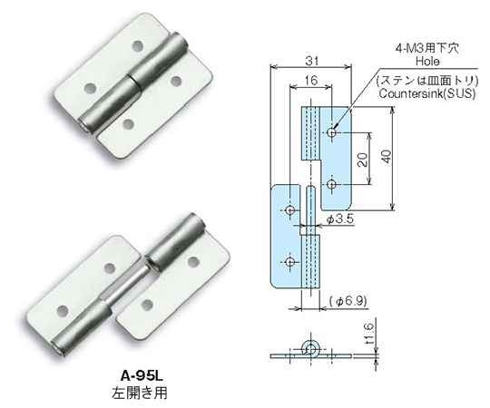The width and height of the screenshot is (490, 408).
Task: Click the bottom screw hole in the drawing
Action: [x=289, y=262]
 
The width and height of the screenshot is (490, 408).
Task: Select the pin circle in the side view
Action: [x=310, y=349]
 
